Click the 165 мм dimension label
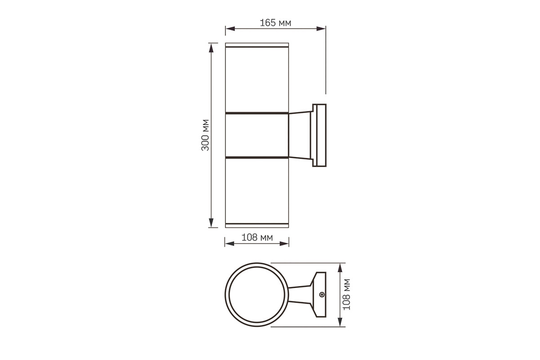pyautogui.click(x=275, y=23)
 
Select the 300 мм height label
pyautogui.click(x=205, y=135)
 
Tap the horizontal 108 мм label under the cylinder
pyautogui.click(x=257, y=238)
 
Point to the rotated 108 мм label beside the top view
pyautogui.click(x=346, y=294)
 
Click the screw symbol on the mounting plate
pyautogui.click(x=322, y=294)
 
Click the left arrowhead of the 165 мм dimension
pyautogui.click(x=230, y=29)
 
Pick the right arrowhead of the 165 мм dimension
pyautogui.click(x=321, y=29)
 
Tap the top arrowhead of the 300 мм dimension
pyautogui.click(x=211, y=48)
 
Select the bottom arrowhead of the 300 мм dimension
pyautogui.click(x=211, y=223)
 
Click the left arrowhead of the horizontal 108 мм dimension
pyautogui.click(x=229, y=243)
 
